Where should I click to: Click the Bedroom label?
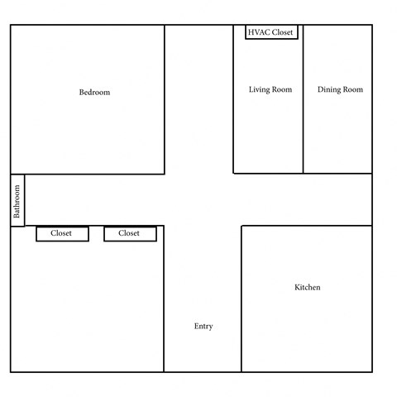point(94,93)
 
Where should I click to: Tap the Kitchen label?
point(307,288)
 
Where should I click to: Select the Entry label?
point(203,327)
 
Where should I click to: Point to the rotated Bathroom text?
point(17,200)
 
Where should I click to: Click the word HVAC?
point(259,32)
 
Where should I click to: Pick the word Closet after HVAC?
point(283,32)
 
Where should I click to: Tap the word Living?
point(260,89)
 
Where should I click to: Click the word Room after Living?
point(281,89)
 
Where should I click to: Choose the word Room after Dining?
point(352,89)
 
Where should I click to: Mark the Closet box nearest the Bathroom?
point(61,234)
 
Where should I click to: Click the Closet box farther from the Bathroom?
point(129,234)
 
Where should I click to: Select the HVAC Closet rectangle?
point(271,32)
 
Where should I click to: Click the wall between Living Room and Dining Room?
point(303,124)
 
